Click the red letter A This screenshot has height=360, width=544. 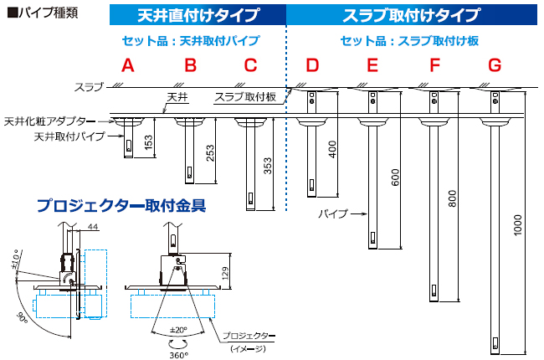point(127,65)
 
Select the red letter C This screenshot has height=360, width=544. point(250,65)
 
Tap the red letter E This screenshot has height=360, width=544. point(372,65)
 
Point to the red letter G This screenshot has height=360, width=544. point(495,65)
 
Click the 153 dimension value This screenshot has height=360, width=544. point(149,143)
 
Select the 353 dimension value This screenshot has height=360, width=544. point(269,167)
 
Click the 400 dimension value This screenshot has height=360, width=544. point(332,150)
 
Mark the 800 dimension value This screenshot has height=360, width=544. point(454,200)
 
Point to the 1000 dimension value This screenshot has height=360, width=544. point(516,228)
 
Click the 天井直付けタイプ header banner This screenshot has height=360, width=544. point(198,15)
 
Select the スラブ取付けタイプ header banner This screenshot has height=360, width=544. point(412,15)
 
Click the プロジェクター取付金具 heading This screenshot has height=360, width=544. point(121,205)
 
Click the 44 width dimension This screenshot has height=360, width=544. point(92,229)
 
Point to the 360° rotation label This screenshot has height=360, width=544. point(178,354)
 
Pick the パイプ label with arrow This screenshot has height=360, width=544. point(333,214)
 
